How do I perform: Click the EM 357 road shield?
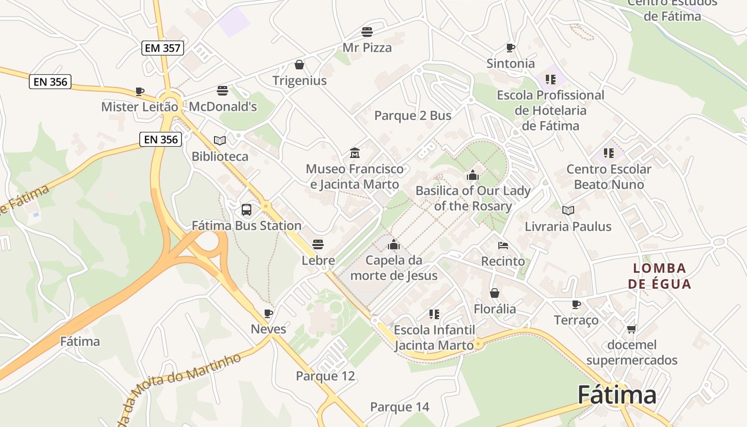tap(163, 48)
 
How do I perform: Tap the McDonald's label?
tap(223, 106)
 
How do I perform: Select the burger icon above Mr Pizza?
tap(367, 31)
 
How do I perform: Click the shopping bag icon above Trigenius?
tap(299, 65)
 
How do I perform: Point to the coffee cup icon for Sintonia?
tap(511, 48)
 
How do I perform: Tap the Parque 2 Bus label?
tap(412, 115)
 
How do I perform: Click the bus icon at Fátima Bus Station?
tap(247, 209)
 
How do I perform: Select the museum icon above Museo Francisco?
tap(354, 153)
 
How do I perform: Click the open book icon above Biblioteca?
tap(220, 140)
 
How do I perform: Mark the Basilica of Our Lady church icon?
tap(473, 175)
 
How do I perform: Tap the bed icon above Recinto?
tap(503, 246)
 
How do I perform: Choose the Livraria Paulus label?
tap(568, 226)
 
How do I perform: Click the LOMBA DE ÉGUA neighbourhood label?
tap(659, 275)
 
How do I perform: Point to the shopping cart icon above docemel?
tap(632, 329)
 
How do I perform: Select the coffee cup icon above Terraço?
tap(576, 304)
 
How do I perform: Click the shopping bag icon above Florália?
tap(495, 293)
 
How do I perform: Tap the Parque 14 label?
tap(400, 407)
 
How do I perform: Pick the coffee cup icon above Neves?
tap(268, 313)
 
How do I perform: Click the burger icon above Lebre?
tap(318, 244)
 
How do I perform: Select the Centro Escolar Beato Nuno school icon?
tap(609, 153)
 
